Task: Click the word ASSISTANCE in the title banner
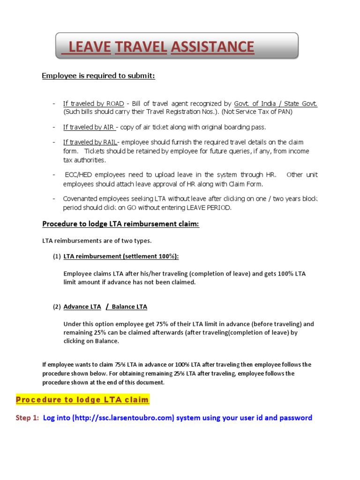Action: (x=213, y=47)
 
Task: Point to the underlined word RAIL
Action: (x=110, y=142)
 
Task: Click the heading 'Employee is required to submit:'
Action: (x=98, y=75)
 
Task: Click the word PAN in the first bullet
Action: (x=286, y=112)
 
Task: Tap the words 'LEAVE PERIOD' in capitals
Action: (x=209, y=208)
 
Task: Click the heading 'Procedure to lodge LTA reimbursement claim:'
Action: (x=121, y=225)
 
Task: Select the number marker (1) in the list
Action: (x=56, y=256)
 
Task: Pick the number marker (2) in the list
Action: (x=56, y=307)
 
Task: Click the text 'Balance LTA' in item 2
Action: (x=129, y=307)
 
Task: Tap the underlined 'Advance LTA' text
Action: (x=82, y=307)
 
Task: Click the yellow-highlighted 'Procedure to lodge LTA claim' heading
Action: (x=82, y=400)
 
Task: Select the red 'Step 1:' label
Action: (x=28, y=418)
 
